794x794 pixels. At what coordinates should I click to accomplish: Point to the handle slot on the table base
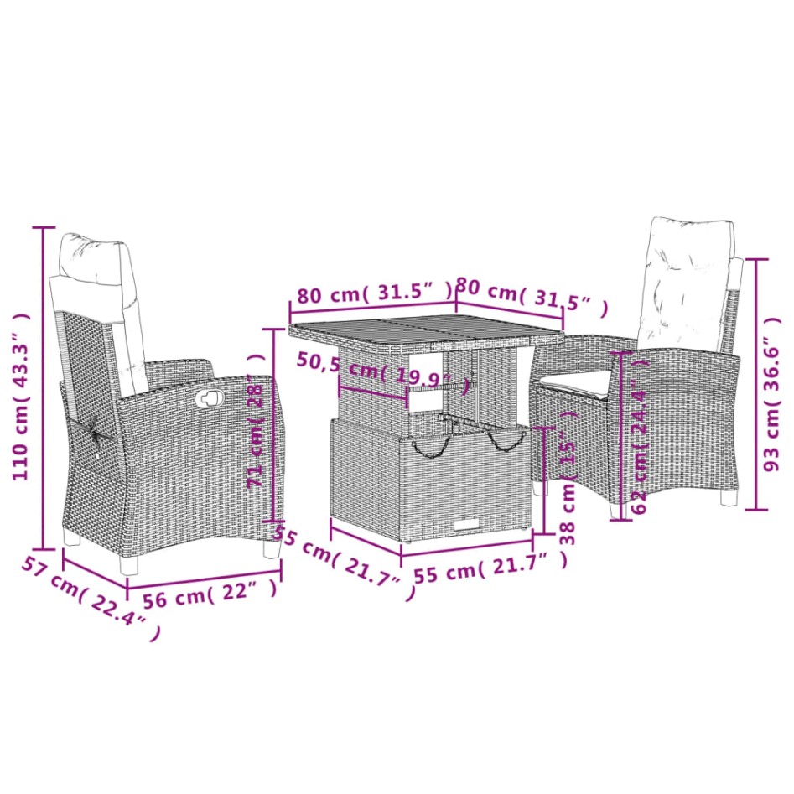point(466,524)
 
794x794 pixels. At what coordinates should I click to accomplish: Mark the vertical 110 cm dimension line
point(44,386)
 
